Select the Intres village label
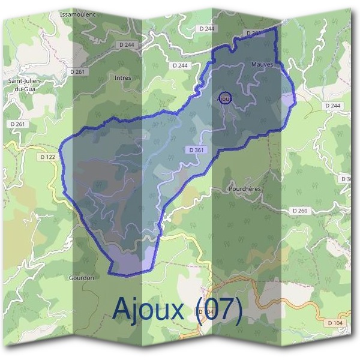(122, 78)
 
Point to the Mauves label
(262, 64)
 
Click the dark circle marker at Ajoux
(224, 97)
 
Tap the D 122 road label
(47, 157)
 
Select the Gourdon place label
(82, 278)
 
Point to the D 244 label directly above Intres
(127, 44)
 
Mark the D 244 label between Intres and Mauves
(180, 65)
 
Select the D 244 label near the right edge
(332, 106)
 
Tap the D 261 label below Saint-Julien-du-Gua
(18, 124)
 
